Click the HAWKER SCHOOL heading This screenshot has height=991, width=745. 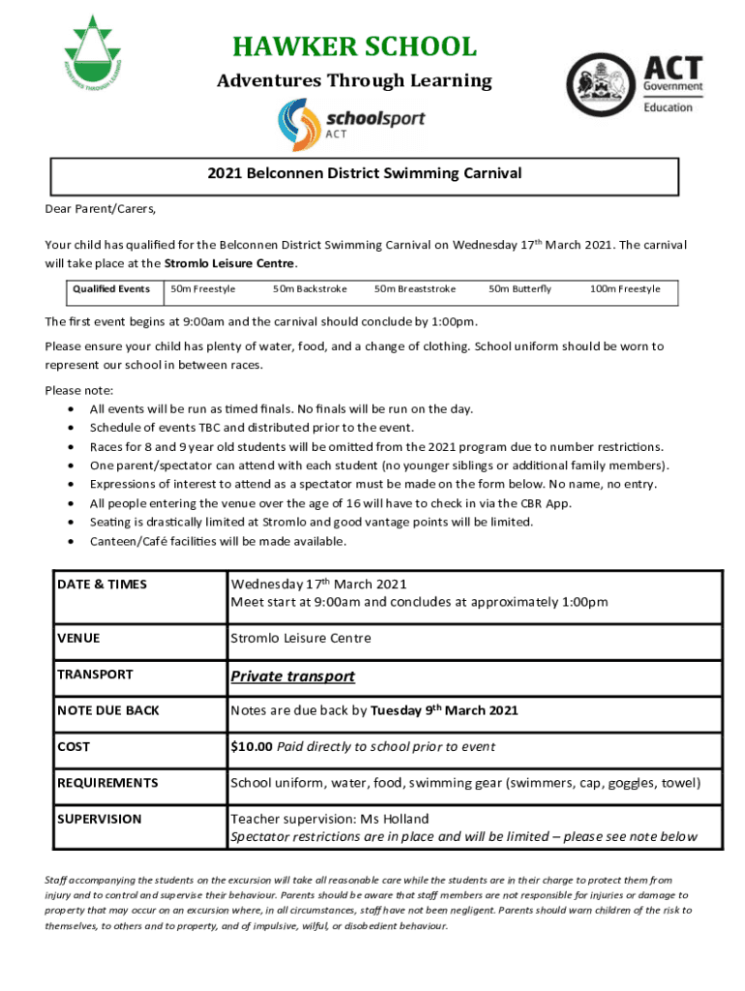tap(353, 46)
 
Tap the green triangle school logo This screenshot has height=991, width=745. tap(94, 55)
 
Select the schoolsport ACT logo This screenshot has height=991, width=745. tap(352, 125)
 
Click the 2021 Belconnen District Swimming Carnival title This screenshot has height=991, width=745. tap(364, 174)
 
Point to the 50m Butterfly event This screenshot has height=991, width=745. tap(520, 289)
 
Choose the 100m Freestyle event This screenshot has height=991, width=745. tap(625, 289)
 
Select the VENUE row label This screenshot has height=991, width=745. tap(78, 639)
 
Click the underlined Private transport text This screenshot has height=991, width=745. tap(292, 676)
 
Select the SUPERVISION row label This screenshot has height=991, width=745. tap(99, 819)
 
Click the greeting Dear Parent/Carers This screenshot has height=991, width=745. tap(101, 209)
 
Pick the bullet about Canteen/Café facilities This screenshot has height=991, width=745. tap(218, 541)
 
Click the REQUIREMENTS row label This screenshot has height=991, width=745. tap(107, 783)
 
